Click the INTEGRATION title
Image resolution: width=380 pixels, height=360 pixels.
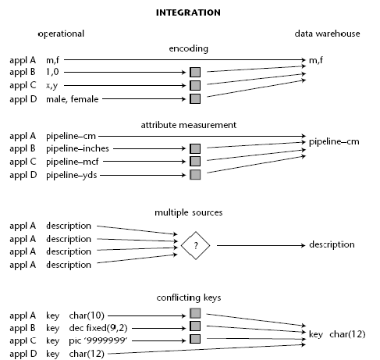(x=188, y=12)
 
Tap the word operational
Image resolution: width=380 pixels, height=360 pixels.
(x=61, y=34)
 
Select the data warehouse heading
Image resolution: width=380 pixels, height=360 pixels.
(x=327, y=34)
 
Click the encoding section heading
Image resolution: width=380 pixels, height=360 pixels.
(x=189, y=48)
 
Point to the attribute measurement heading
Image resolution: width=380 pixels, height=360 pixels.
(x=189, y=125)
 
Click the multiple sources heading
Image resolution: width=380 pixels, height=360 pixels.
(x=189, y=212)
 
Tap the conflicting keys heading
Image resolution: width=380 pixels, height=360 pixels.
(x=189, y=298)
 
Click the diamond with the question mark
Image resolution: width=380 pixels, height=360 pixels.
(x=195, y=245)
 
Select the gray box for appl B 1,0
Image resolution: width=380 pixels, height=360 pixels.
(x=195, y=72)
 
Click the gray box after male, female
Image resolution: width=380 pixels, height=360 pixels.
(x=195, y=99)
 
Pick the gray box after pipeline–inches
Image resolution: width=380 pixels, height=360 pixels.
(x=195, y=148)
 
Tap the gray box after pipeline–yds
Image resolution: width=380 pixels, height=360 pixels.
(x=195, y=175)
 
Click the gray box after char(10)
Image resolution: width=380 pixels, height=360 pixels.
(x=195, y=313)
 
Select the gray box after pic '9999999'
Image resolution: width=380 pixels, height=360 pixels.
(x=195, y=339)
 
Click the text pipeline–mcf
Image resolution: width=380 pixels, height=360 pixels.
(x=73, y=162)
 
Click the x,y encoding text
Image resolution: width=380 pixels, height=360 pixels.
(x=52, y=86)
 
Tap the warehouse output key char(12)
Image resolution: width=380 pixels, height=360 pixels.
(x=337, y=334)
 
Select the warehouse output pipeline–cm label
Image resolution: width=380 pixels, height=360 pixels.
(x=334, y=142)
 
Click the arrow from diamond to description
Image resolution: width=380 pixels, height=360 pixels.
(x=261, y=245)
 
